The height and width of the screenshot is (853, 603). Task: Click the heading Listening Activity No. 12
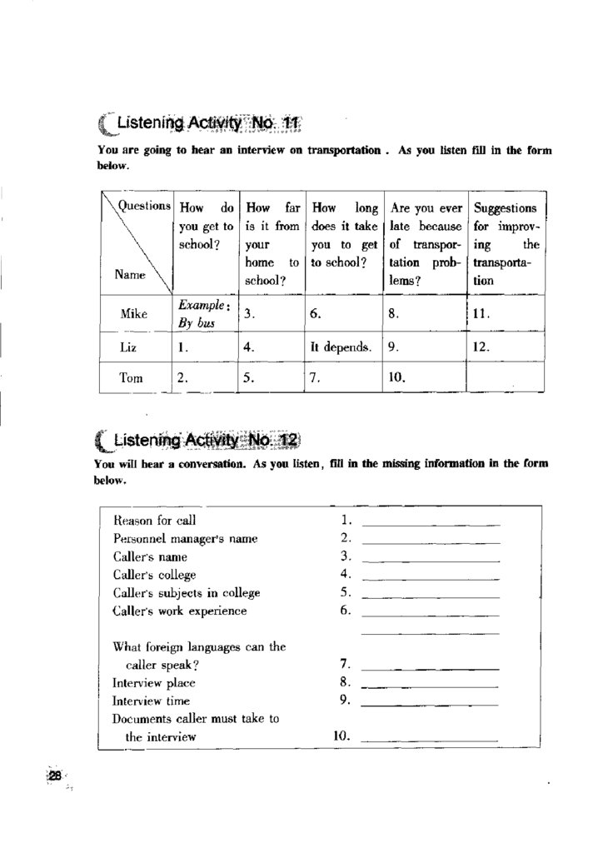(x=199, y=440)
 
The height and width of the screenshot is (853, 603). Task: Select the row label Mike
(x=133, y=314)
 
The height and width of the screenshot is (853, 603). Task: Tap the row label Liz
(x=132, y=347)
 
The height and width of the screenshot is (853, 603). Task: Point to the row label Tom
(x=132, y=377)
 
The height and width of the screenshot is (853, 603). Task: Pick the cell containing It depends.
(x=341, y=347)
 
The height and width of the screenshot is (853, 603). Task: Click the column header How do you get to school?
(x=206, y=226)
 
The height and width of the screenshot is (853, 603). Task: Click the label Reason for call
(x=154, y=520)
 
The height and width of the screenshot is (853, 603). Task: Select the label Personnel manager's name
(x=185, y=538)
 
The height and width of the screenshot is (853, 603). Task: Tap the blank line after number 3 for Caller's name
(x=431, y=559)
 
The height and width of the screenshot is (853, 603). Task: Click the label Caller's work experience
(x=180, y=611)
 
